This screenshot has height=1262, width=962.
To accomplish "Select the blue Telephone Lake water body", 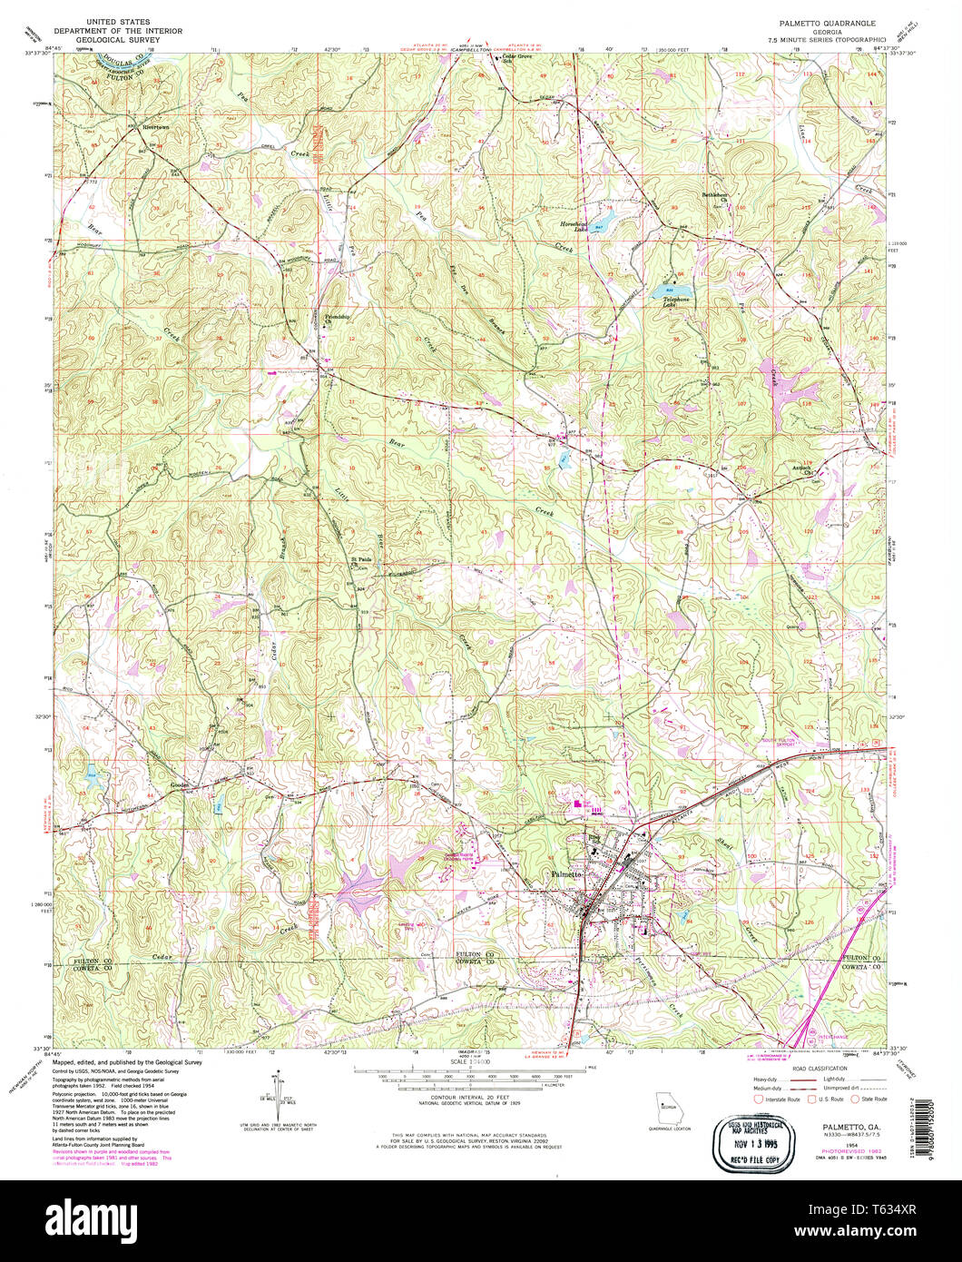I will (664, 291).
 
